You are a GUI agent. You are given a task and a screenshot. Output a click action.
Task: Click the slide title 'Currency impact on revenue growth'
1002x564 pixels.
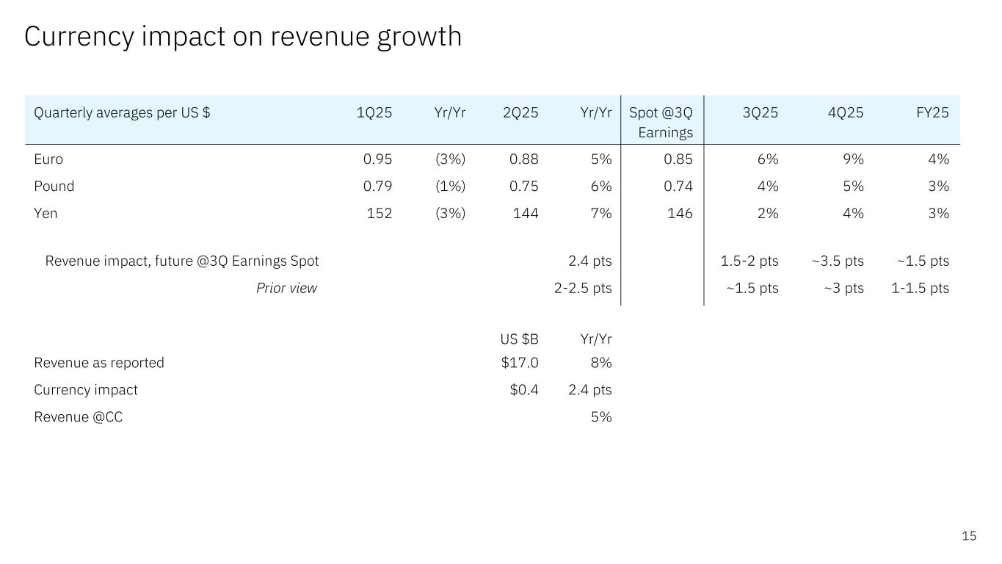tap(243, 36)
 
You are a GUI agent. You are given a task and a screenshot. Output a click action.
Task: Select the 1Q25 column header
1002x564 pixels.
tap(374, 113)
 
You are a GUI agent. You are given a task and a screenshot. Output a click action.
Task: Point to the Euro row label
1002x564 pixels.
tap(48, 159)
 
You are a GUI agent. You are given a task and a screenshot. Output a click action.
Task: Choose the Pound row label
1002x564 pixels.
tap(54, 187)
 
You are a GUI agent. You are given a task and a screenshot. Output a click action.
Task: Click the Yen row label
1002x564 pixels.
tap(46, 214)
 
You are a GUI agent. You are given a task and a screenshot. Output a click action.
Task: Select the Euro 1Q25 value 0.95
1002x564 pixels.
tap(377, 159)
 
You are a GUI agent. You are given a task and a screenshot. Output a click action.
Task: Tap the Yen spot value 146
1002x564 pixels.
tap(680, 214)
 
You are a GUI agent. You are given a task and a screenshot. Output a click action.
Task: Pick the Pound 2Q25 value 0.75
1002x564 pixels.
tap(523, 187)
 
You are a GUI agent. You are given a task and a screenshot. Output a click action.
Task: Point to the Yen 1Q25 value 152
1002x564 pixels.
tap(380, 214)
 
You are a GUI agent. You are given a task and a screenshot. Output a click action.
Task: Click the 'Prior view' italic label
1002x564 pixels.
tap(286, 288)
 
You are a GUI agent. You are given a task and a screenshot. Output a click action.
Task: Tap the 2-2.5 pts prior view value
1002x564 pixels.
tap(582, 288)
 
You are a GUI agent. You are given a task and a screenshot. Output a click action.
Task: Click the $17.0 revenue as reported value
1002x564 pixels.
tap(520, 363)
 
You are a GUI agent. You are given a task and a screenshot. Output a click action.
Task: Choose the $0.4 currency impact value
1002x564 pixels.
tap(524, 390)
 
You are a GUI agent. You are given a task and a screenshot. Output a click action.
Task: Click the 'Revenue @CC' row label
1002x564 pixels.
tap(79, 417)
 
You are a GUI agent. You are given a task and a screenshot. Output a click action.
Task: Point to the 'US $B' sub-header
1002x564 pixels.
tap(519, 339)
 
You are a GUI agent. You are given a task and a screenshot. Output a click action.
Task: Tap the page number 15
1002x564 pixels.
tap(969, 536)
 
